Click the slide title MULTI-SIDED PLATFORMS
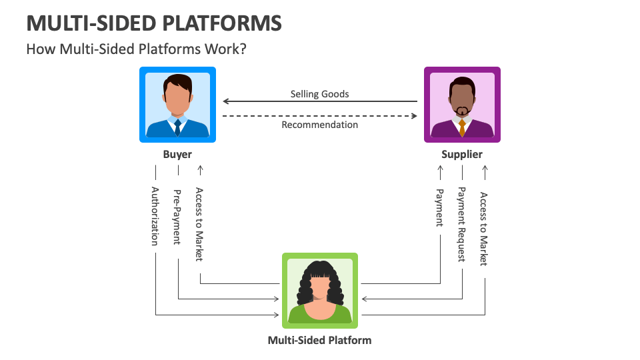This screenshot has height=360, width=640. click(x=154, y=23)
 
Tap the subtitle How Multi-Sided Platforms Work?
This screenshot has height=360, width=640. click(x=136, y=49)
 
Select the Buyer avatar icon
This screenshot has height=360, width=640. click(x=177, y=105)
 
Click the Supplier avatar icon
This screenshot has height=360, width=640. click(x=462, y=105)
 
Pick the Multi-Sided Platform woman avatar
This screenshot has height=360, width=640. click(x=320, y=291)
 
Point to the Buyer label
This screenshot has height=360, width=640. click(x=177, y=155)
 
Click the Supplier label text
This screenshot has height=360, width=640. click(x=462, y=155)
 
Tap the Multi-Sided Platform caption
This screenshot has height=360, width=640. click(x=319, y=340)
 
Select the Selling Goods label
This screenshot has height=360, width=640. click(x=319, y=94)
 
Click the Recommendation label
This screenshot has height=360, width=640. click(x=319, y=125)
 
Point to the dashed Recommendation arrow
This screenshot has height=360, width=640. click(x=319, y=115)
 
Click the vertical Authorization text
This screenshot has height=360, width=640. click(x=155, y=216)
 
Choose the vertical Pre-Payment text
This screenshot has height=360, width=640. click(x=177, y=217)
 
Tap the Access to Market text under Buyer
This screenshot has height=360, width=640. click(x=199, y=224)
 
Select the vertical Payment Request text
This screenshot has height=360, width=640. click(x=461, y=225)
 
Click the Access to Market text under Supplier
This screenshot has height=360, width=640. click(x=484, y=229)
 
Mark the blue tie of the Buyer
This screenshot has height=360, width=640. click(x=177, y=127)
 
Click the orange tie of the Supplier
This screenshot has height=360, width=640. click(x=462, y=128)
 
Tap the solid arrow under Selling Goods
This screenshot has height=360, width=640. click(x=319, y=102)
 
